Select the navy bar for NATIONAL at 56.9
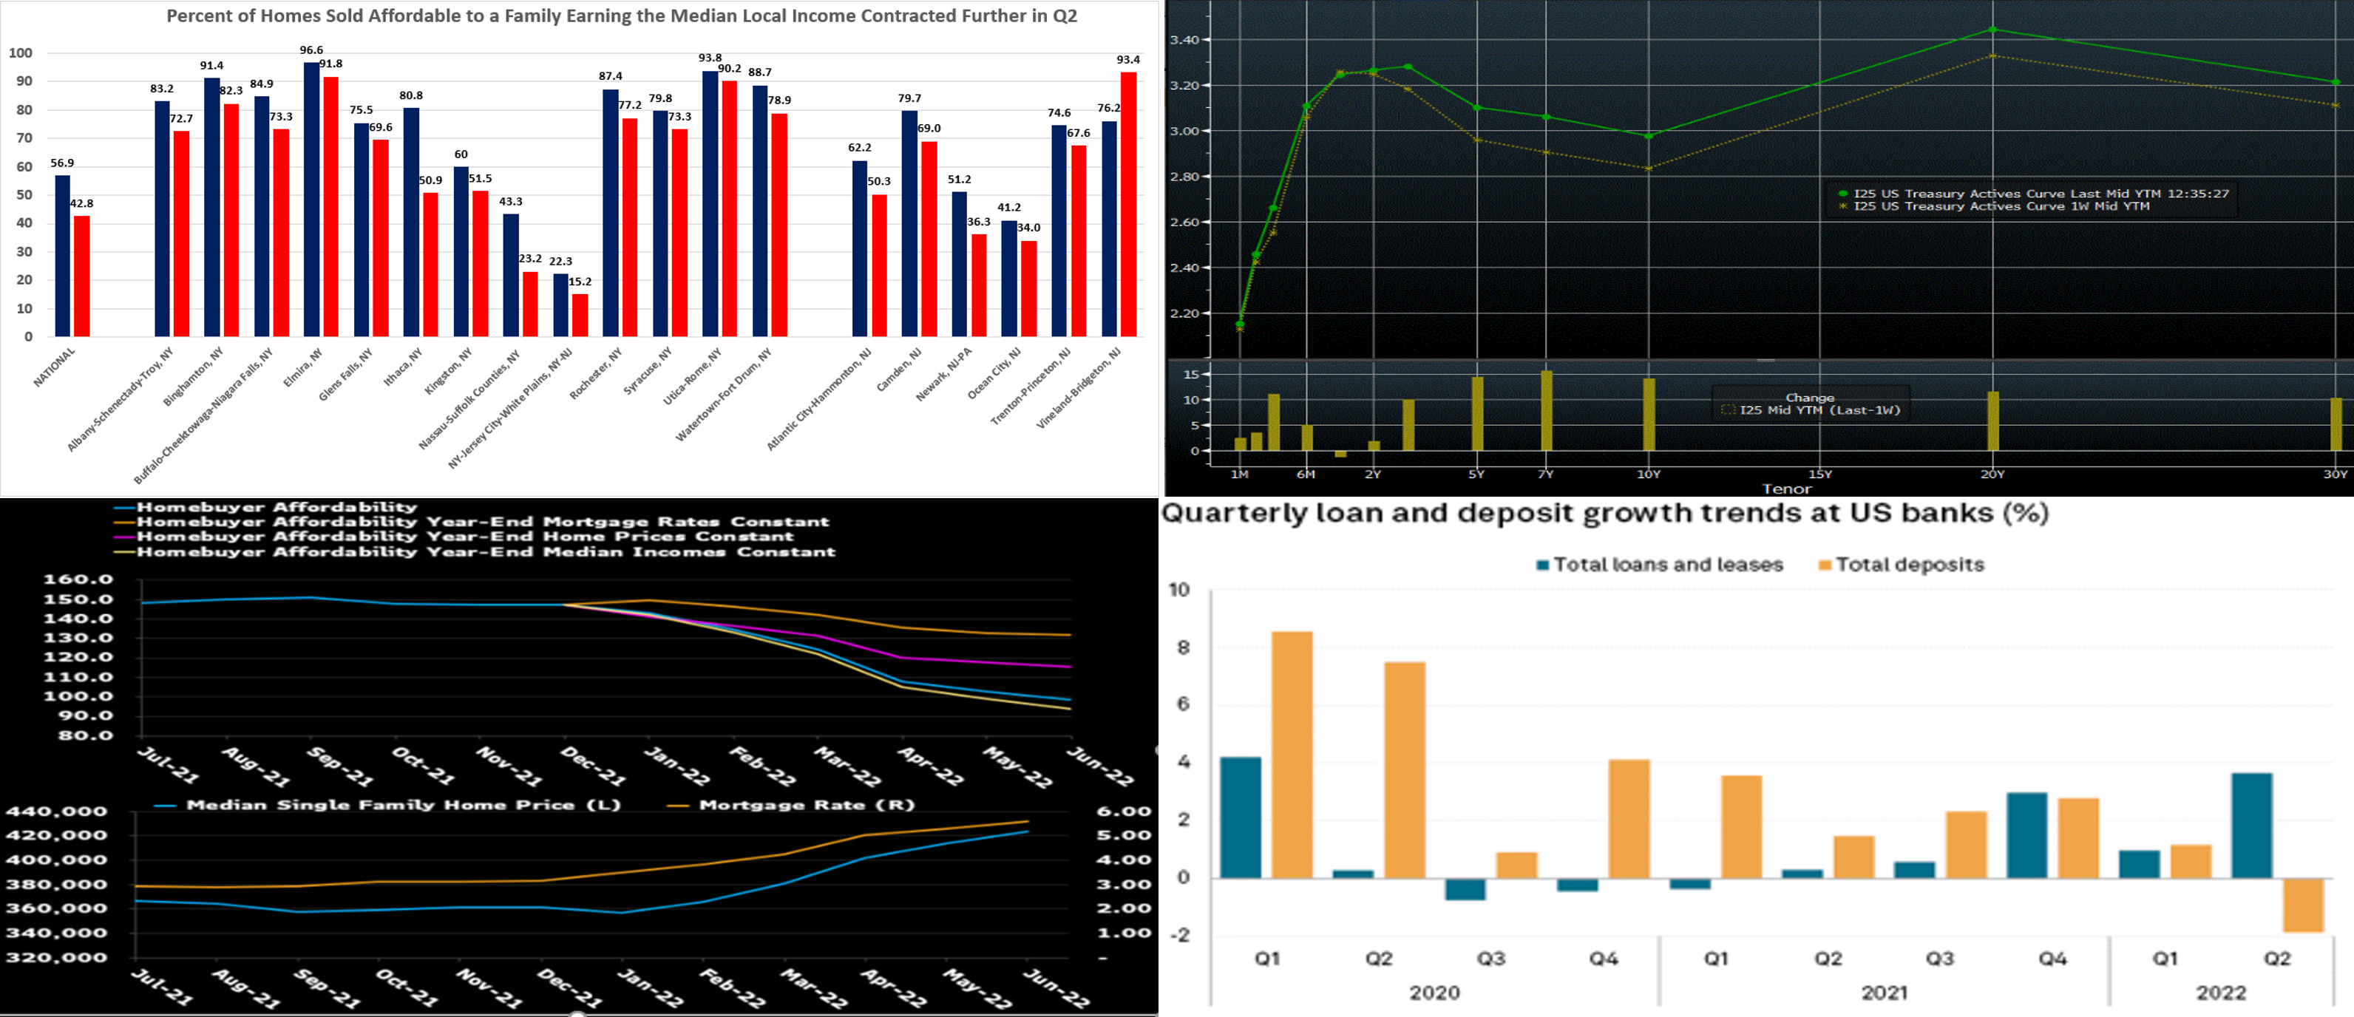62,256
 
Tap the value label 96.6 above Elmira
311,50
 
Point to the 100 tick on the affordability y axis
20,53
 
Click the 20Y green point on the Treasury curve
1993,30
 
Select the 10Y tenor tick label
1649,475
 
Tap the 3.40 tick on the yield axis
1184,40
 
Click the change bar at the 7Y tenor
1546,410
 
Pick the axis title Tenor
1786,489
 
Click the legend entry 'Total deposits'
1909,565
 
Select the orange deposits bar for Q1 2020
1292,755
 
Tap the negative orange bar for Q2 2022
2303,905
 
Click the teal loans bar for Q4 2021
2027,835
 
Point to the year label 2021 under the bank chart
1885,993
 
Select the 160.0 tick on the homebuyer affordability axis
78,579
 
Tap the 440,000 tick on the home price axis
57,812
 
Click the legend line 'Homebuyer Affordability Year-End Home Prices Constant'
465,537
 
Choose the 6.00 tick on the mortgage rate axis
1123,812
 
